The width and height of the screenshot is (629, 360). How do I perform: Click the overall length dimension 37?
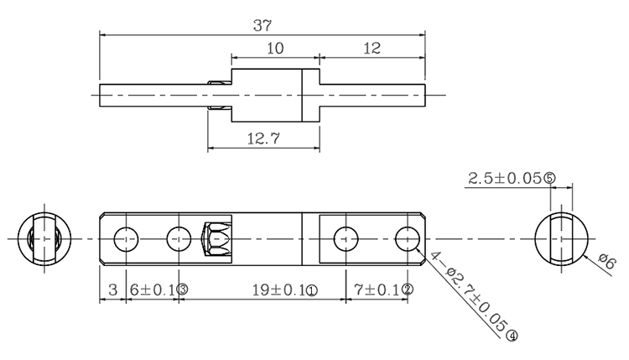tap(263, 25)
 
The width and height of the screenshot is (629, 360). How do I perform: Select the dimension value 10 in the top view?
tap(275, 50)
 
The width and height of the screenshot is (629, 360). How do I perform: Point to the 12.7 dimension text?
tap(263, 138)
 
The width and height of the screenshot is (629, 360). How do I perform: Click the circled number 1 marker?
tap(311, 290)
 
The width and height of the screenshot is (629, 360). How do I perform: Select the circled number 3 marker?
tap(181, 290)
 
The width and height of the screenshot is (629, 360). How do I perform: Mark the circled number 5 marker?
tap(549, 178)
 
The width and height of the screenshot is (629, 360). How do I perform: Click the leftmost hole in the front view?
tap(127, 239)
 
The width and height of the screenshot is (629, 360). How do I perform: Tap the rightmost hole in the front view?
tap(408, 239)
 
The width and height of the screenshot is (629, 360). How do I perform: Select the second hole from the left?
tap(179, 239)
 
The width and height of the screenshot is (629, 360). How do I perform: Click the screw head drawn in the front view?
tap(217, 239)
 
